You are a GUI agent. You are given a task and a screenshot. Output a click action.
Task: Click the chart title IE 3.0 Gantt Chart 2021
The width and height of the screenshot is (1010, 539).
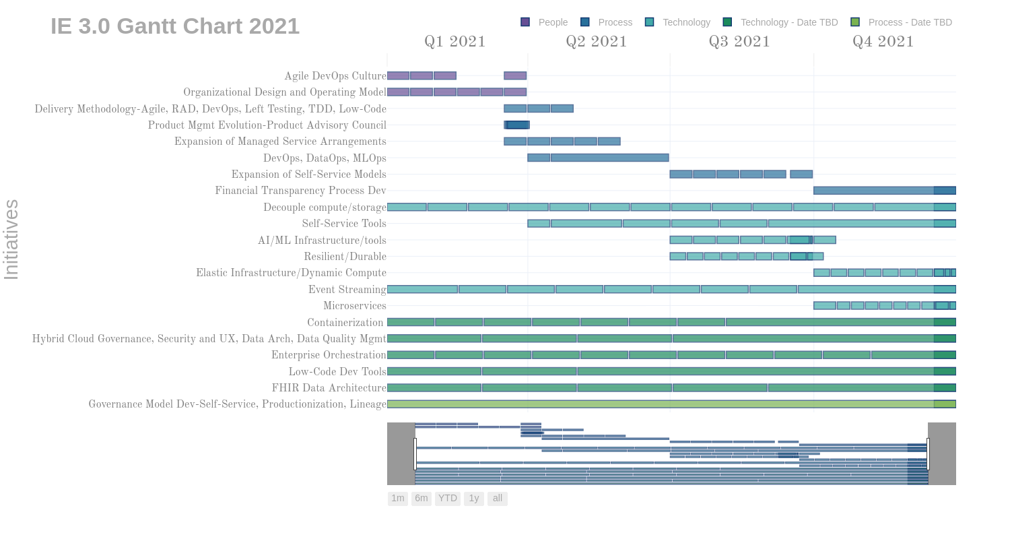pyautogui.click(x=175, y=26)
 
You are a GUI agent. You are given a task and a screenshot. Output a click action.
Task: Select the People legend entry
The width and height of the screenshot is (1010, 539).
pyautogui.click(x=545, y=22)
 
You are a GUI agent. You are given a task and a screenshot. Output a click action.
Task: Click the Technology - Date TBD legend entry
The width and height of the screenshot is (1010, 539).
pyautogui.click(x=780, y=22)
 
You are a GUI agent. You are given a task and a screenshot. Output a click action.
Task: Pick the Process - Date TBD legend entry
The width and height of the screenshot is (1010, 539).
pyautogui.click(x=902, y=22)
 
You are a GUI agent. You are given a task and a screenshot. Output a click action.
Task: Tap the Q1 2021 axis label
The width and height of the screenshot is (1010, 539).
pyautogui.click(x=455, y=42)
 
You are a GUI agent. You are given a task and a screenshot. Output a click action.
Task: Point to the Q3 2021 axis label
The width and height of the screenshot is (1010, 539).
pyautogui.click(x=739, y=42)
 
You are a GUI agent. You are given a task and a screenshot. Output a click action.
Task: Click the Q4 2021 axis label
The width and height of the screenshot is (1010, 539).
pyautogui.click(x=883, y=42)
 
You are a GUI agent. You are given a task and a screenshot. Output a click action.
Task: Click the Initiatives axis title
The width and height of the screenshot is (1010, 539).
pyautogui.click(x=11, y=239)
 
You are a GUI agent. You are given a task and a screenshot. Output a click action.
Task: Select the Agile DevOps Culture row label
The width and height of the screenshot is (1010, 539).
pyautogui.click(x=335, y=76)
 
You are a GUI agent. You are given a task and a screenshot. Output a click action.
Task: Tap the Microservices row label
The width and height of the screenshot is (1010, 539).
pyautogui.click(x=355, y=306)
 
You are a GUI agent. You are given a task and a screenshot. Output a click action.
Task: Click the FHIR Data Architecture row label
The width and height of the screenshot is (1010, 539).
pyautogui.click(x=329, y=388)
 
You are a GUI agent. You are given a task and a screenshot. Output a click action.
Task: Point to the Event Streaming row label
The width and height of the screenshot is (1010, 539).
pyautogui.click(x=347, y=290)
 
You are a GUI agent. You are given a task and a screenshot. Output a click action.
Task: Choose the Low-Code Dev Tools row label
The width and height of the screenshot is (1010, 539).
pyautogui.click(x=337, y=372)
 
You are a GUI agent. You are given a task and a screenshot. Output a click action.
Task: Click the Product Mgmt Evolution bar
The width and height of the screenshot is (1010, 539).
pyautogui.click(x=517, y=125)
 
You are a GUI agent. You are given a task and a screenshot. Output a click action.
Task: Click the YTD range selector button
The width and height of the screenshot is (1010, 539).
pyautogui.click(x=448, y=499)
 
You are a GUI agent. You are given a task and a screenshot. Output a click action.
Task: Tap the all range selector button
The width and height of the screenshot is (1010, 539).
pyautogui.click(x=498, y=499)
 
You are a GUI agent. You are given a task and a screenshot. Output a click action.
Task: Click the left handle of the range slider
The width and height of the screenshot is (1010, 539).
pyautogui.click(x=415, y=453)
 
